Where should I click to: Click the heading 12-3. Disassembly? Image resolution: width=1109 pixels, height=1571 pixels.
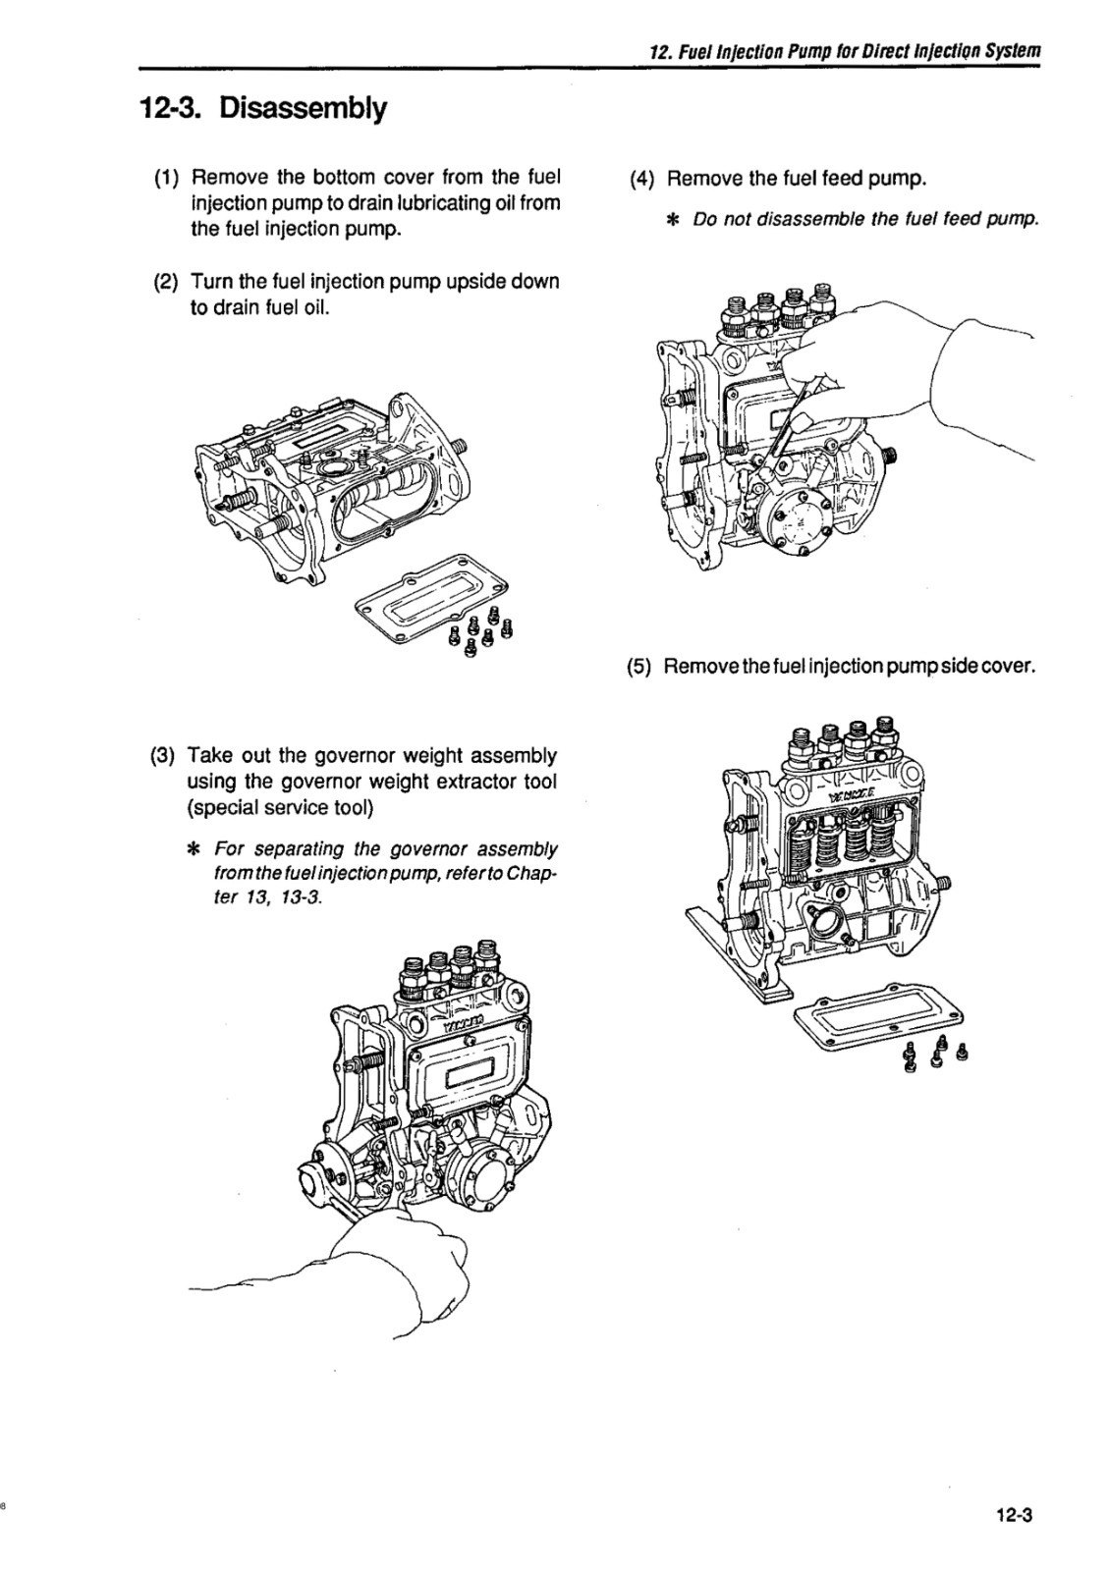coord(263,107)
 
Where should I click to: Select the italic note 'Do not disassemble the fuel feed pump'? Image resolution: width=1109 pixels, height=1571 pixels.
coord(865,219)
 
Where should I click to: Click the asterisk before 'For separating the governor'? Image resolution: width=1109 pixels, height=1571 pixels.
coord(194,848)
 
